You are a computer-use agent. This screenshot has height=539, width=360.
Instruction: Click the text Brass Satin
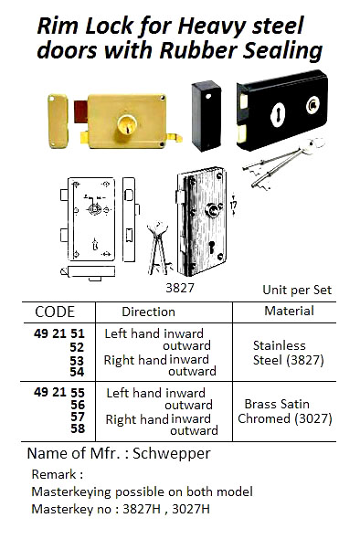pyautogui.click(x=279, y=403)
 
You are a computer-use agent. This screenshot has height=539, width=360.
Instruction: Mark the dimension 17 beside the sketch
pyautogui.click(x=234, y=206)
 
